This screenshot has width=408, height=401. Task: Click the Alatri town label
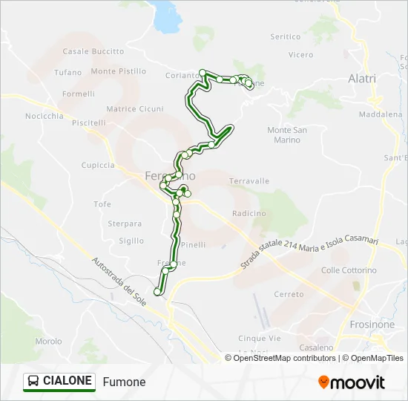pyautogui.click(x=362, y=79)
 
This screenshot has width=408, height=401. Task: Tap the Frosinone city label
pyautogui.click(x=372, y=325)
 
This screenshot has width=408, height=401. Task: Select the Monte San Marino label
pyautogui.click(x=286, y=135)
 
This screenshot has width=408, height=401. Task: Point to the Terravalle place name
pyautogui.click(x=249, y=181)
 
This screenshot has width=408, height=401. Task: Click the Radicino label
pyautogui.click(x=249, y=213)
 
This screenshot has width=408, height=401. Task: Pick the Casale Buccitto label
pyautogui.click(x=93, y=51)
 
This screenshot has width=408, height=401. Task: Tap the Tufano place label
pyautogui.click(x=68, y=72)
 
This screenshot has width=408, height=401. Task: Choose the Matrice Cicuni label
pyautogui.click(x=134, y=109)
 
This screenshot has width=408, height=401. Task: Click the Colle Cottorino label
pyautogui.click(x=349, y=270)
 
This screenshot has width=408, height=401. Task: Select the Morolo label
pyautogui.click(x=48, y=342)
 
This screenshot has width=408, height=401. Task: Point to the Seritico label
pyautogui.click(x=286, y=36)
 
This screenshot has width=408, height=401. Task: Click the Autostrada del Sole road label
pyautogui.click(x=119, y=281)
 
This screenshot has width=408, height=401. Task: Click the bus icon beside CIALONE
pyautogui.click(x=34, y=382)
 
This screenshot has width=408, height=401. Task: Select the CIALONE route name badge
pyautogui.click(x=59, y=382)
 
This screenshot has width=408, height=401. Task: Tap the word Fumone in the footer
pyautogui.click(x=125, y=382)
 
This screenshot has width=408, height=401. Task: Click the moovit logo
pyautogui.click(x=352, y=382)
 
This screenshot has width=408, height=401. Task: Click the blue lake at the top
pyautogui.click(x=167, y=16)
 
